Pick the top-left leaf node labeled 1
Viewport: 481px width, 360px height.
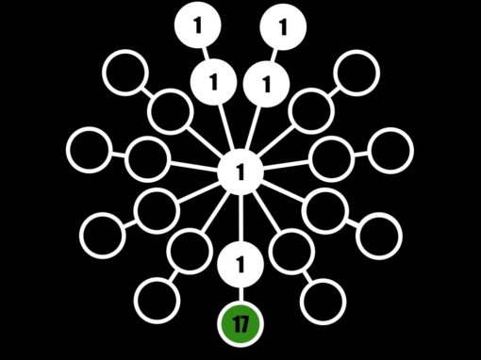(x=197, y=26)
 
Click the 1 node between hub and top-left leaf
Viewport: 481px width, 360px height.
(x=213, y=84)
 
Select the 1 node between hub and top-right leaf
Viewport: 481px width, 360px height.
(x=266, y=86)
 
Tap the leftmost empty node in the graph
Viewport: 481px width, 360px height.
(x=90, y=149)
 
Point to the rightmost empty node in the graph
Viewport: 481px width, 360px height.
(x=390, y=149)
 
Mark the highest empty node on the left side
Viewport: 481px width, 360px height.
(x=124, y=73)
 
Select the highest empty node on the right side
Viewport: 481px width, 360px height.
(x=357, y=71)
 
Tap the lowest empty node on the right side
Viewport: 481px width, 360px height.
(x=323, y=300)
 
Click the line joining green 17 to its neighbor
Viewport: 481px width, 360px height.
(x=240, y=295)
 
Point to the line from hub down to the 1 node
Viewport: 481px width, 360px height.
(x=240, y=218)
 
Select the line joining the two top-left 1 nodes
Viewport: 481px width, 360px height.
(x=205, y=55)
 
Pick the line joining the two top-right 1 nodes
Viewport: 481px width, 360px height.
(x=274, y=56)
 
